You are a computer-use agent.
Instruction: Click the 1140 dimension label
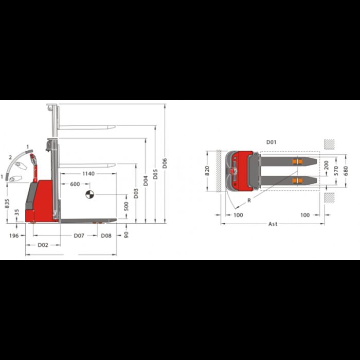88,174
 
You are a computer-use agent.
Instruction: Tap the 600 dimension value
75,184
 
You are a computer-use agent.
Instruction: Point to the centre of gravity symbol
89,194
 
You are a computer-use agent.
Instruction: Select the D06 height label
165,163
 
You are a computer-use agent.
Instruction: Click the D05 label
155,174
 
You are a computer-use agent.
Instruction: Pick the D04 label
146,181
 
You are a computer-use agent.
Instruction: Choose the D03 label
136,193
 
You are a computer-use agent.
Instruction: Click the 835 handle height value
7,204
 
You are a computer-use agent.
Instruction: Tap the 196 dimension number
14,236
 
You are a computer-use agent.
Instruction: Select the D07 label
79,236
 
